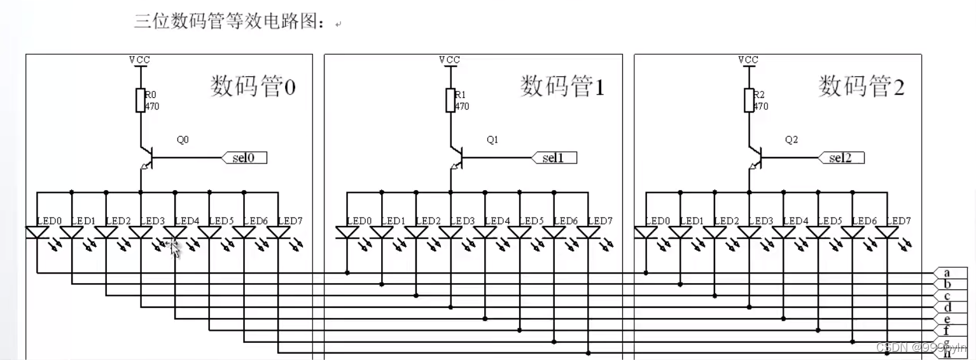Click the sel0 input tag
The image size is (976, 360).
tap(244, 157)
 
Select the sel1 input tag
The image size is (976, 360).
tap(554, 157)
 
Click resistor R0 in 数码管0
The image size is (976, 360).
tap(141, 100)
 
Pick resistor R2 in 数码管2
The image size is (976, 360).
tap(749, 100)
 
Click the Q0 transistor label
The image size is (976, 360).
tap(183, 140)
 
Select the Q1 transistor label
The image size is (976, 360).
tap(492, 140)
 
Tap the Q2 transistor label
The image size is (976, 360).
tap(791, 140)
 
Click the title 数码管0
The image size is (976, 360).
tap(253, 86)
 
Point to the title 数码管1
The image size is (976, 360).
tap(562, 86)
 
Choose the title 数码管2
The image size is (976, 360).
tap(861, 86)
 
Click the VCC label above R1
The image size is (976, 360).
tap(450, 60)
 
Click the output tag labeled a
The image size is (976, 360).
tap(947, 273)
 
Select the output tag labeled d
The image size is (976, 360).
tap(947, 307)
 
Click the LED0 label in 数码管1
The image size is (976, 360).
tap(360, 221)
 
